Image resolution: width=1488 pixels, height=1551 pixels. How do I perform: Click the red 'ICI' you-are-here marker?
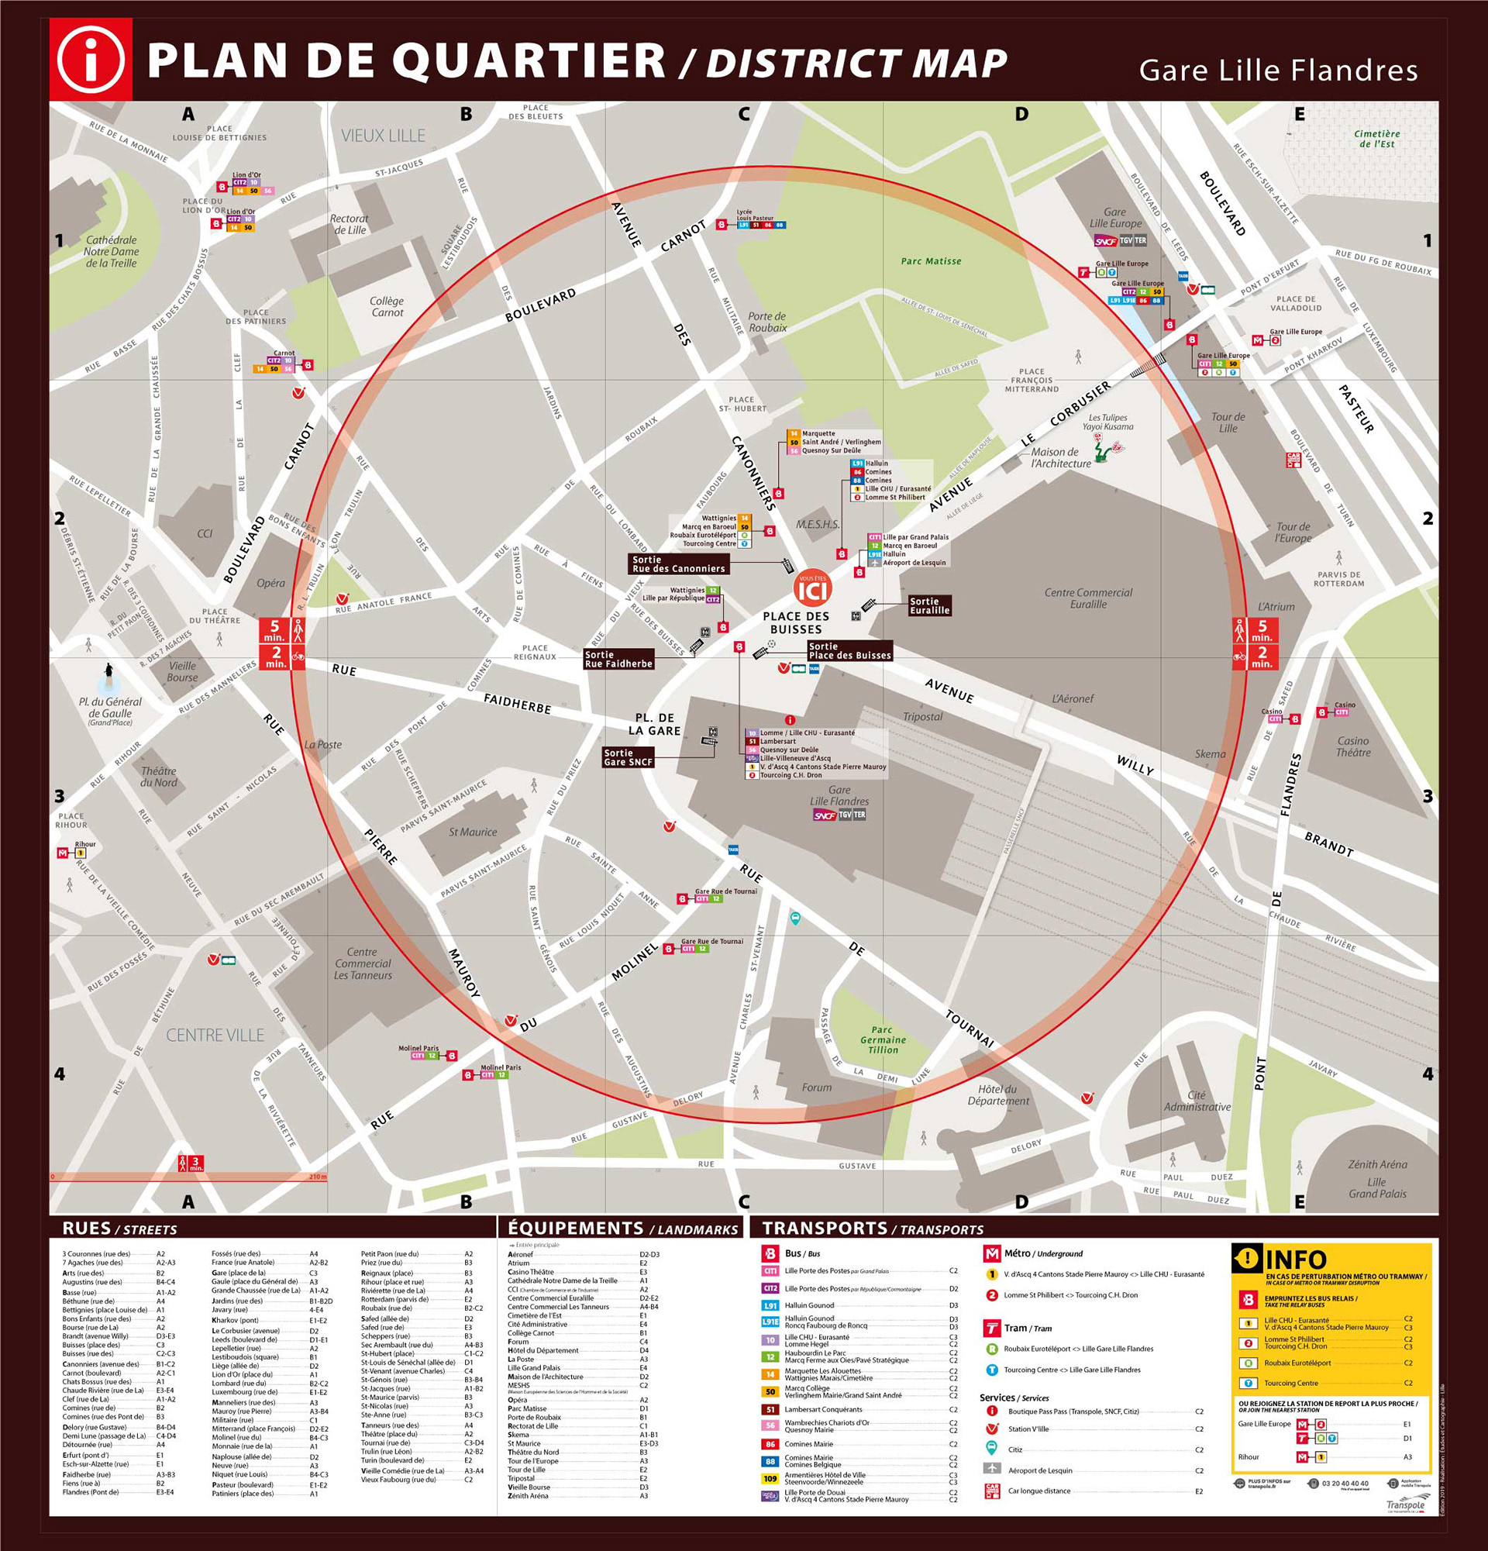(x=812, y=590)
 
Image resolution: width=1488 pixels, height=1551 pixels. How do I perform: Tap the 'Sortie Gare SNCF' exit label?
(x=627, y=757)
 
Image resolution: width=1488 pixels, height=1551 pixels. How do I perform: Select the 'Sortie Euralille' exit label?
(x=928, y=605)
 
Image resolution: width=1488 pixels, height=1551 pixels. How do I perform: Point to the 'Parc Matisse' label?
(x=930, y=261)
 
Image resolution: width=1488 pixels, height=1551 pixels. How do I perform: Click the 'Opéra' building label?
(x=270, y=583)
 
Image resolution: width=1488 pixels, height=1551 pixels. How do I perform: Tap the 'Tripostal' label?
(x=922, y=717)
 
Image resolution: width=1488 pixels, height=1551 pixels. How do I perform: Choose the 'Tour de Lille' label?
(x=1228, y=422)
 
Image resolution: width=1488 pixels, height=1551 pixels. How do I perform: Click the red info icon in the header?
(x=91, y=60)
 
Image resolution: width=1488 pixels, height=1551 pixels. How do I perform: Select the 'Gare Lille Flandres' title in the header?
(x=1277, y=71)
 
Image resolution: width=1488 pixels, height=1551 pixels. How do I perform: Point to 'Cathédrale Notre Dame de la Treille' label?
(x=112, y=252)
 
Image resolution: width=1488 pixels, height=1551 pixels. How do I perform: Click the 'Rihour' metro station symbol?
(x=63, y=853)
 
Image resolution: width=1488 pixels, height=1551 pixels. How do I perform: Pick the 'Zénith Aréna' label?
(x=1377, y=1165)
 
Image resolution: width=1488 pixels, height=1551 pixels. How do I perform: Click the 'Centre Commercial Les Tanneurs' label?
(x=362, y=963)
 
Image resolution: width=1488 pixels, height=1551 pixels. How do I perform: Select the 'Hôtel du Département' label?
(x=997, y=1095)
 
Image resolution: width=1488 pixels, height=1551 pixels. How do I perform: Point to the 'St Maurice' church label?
(x=472, y=832)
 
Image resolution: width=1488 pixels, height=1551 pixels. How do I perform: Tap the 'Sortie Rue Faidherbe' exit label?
(x=618, y=659)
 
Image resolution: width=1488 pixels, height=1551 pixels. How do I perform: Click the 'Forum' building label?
(x=816, y=1087)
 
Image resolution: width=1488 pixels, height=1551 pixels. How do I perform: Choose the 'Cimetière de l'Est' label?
(x=1376, y=139)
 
